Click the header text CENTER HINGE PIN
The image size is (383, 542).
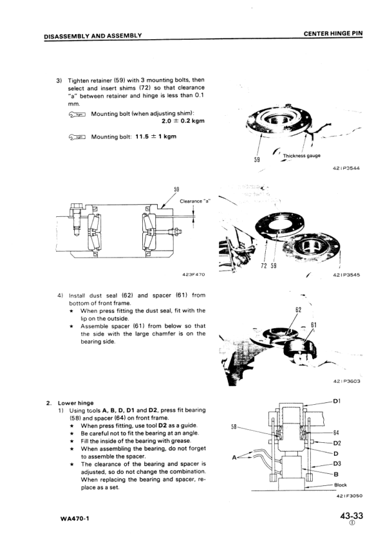click(x=333, y=33)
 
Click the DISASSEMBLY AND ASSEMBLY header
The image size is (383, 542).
click(x=93, y=35)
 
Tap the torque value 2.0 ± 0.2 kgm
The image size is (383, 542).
click(x=183, y=121)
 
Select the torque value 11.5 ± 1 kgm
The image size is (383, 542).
click(x=156, y=136)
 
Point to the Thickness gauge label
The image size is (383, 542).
click(x=301, y=156)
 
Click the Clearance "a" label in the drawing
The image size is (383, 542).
click(x=195, y=201)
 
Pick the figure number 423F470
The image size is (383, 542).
click(x=193, y=274)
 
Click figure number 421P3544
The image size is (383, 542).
click(x=346, y=169)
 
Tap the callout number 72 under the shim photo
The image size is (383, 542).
click(x=264, y=265)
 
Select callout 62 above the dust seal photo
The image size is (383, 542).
click(x=298, y=310)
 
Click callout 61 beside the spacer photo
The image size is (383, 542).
click(x=313, y=325)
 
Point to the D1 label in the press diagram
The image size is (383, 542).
click(x=337, y=401)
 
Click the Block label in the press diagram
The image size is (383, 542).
click(x=341, y=485)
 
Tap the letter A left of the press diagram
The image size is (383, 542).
click(x=234, y=458)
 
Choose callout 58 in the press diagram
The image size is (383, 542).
click(x=234, y=427)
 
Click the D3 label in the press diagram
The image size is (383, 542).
click(x=337, y=463)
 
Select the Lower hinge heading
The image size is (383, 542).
click(x=76, y=403)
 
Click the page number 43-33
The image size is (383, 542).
click(x=351, y=516)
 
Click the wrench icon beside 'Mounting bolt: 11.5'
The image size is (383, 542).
click(x=77, y=137)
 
